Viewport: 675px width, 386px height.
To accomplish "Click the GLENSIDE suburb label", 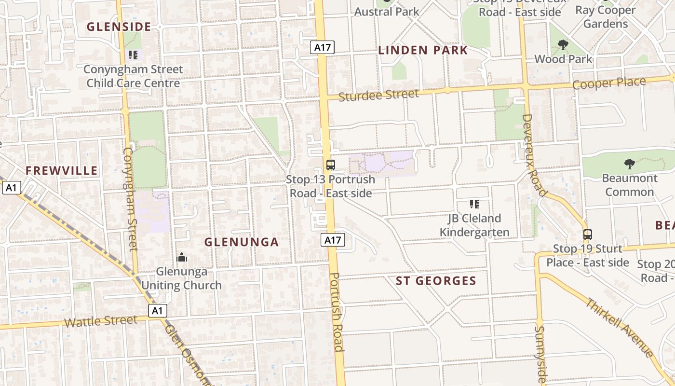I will coord(119,27).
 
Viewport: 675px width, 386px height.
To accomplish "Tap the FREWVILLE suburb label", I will coord(61,171).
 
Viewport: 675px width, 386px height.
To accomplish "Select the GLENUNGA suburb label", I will coord(242,242).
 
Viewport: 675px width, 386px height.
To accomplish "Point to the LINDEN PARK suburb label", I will coord(423,50).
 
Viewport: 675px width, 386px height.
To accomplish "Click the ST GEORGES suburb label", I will coord(436,281).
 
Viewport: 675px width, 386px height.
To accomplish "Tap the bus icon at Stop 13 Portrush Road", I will coord(331,165).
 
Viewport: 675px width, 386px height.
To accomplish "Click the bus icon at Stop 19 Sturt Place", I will coord(587,234).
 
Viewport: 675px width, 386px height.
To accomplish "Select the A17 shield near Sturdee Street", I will coord(322,47).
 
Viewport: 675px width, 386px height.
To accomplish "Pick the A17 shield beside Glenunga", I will coord(334,240).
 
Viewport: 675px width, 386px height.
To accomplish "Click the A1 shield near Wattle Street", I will coord(157,311).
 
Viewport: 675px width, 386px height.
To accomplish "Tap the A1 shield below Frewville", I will coord(11,187).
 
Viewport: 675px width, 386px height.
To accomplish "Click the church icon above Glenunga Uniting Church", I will coord(182,257).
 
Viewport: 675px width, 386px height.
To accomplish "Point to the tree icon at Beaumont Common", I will coord(629,164).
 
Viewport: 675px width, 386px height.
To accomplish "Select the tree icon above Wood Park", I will coord(563,45).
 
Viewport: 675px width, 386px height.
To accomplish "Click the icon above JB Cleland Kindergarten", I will coord(474,204).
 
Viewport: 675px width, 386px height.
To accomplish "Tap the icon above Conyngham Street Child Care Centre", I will coord(133,55).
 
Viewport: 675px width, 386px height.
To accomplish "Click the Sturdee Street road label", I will coord(378,95).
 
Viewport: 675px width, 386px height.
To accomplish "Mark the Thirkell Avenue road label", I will coord(619,328).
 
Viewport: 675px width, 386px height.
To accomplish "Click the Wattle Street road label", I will coord(101,321).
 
